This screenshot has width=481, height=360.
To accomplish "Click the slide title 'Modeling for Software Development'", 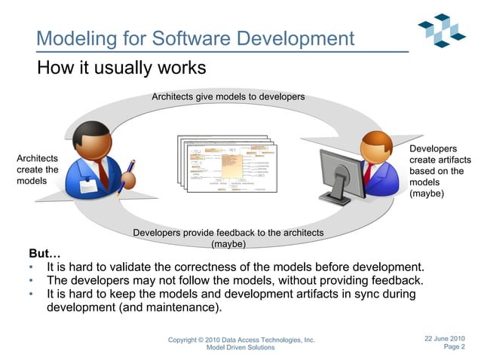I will [x=195, y=38].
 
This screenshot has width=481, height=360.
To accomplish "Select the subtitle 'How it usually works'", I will [x=121, y=68].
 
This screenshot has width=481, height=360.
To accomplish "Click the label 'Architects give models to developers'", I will [x=228, y=97].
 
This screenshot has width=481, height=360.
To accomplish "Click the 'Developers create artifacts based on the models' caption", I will [x=440, y=172].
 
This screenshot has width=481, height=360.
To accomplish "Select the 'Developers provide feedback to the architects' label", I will [x=228, y=233].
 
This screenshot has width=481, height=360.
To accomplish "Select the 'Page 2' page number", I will [x=454, y=347].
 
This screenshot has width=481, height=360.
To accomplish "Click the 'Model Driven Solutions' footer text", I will [x=240, y=348].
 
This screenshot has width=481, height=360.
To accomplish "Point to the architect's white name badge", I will [x=88, y=185].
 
